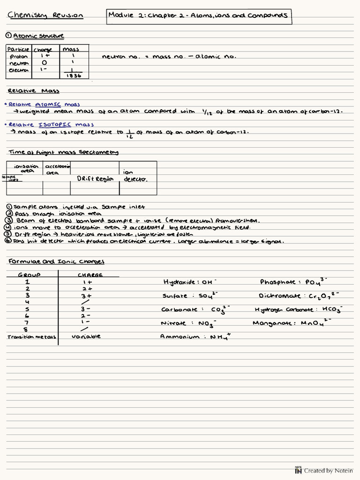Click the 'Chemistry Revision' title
point(45,15)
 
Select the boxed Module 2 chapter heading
point(198,15)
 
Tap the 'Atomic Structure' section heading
point(38,36)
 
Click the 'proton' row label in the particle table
point(19,56)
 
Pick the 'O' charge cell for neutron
point(44,63)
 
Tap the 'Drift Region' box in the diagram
point(95,179)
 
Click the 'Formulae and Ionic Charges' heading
point(56,262)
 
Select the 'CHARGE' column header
point(90,275)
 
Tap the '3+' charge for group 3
point(86,296)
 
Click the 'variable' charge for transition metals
point(86,336)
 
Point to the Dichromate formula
point(299,296)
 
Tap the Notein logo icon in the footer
point(298,471)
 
